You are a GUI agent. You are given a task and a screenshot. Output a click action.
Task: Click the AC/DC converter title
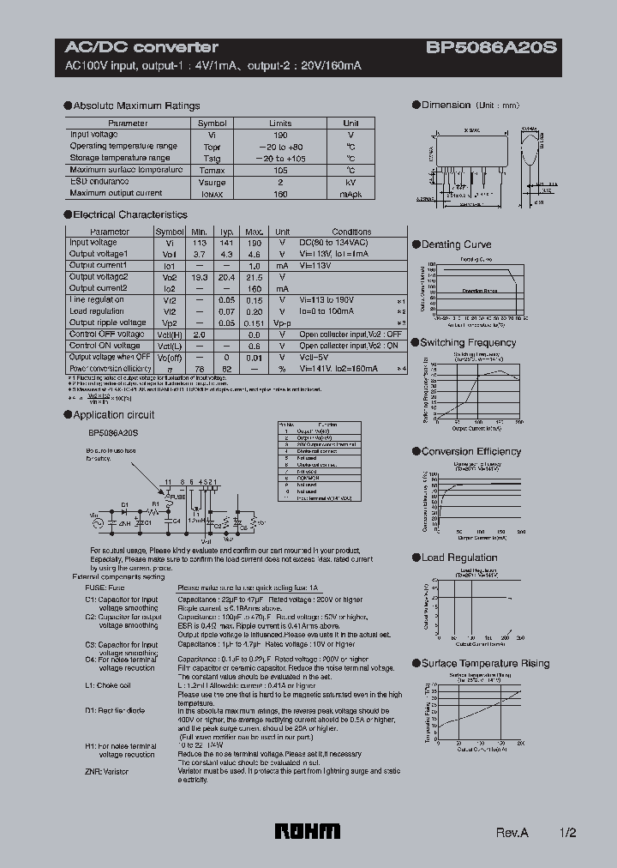141,48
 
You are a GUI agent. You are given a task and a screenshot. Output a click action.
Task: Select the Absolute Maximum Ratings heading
136,105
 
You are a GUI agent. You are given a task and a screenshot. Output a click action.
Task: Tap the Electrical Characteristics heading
130,214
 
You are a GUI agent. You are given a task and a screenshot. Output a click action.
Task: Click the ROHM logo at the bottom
307,831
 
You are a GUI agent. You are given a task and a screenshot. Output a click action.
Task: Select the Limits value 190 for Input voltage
281,135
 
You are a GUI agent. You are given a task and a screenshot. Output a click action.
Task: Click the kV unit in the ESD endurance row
350,182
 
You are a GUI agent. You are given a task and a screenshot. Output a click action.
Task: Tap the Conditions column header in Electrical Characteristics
351,232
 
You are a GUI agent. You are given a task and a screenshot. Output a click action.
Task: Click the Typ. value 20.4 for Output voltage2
226,277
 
